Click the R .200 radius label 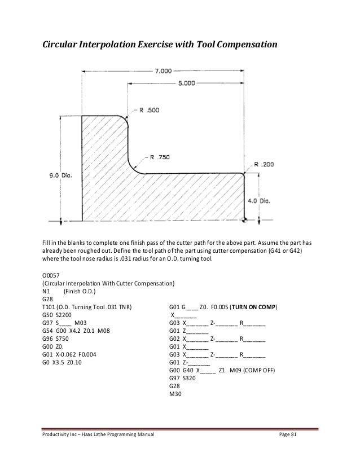[265, 164]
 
